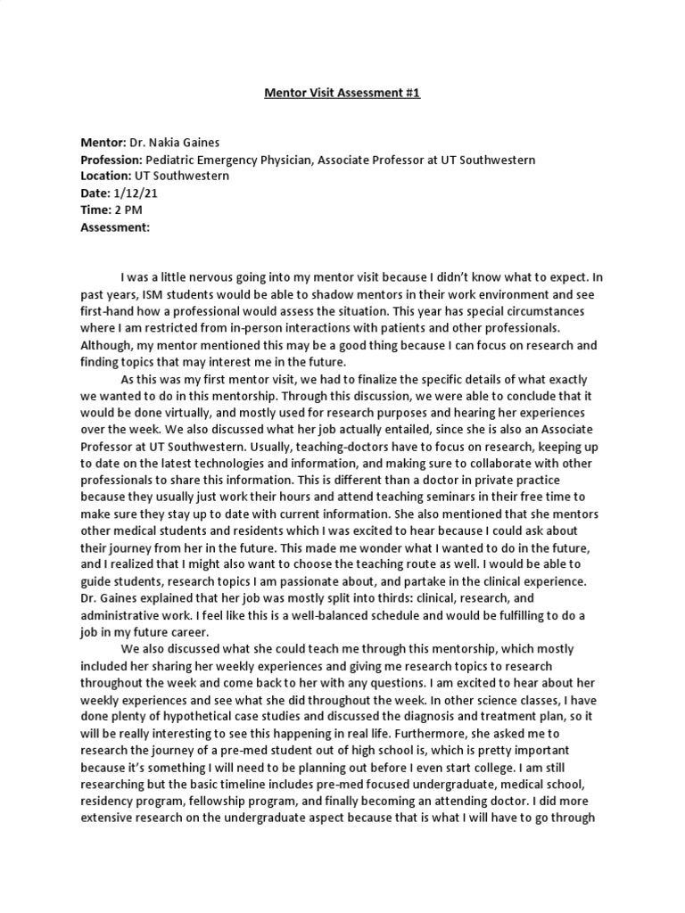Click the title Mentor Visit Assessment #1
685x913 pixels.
point(342,92)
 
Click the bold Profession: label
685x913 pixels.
point(112,160)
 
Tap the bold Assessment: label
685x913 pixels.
point(116,226)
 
